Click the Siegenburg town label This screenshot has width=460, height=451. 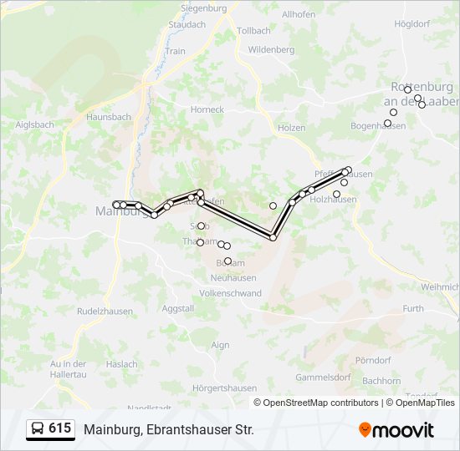pyautogui.click(x=204, y=8)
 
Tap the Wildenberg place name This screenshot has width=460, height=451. pyautogui.click(x=272, y=50)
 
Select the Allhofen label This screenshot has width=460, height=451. pyautogui.click(x=299, y=14)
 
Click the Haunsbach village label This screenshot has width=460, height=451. pyautogui.click(x=110, y=117)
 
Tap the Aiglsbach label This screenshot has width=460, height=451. pyautogui.click(x=35, y=124)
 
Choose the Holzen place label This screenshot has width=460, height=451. pyautogui.click(x=291, y=128)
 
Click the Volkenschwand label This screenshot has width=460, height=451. pyautogui.click(x=230, y=294)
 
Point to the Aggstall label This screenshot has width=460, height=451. pyautogui.click(x=177, y=308)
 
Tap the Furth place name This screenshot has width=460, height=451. pyautogui.click(x=412, y=308)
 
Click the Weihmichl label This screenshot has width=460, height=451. pyautogui.click(x=440, y=286)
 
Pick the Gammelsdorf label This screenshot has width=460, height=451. pyautogui.click(x=322, y=377)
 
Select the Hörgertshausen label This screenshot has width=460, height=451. pyautogui.click(x=223, y=388)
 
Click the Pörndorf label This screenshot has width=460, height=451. pyautogui.click(x=374, y=360)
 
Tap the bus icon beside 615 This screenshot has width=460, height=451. pyautogui.click(x=38, y=429)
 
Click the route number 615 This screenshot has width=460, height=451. pyautogui.click(x=59, y=428)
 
